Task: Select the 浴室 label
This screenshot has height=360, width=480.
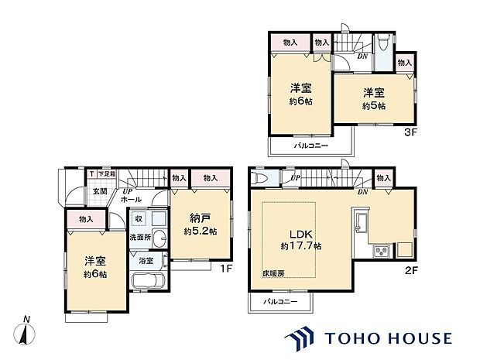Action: click(x=146, y=261)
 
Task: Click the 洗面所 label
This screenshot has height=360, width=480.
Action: click(x=139, y=236)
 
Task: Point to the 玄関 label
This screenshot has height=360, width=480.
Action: click(x=101, y=191)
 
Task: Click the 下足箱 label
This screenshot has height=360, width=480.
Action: click(x=105, y=175)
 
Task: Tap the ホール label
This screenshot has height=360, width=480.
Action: click(x=129, y=199)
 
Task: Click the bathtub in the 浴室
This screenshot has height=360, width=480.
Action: click(x=146, y=279)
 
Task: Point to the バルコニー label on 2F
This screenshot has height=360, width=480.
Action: click(x=280, y=300)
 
